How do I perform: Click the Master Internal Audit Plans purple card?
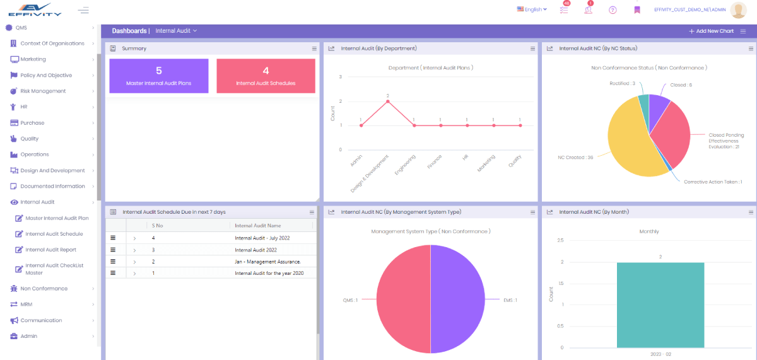(x=158, y=76)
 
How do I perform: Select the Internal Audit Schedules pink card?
(x=266, y=76)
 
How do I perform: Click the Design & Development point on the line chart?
(x=388, y=101)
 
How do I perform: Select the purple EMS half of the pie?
(x=457, y=299)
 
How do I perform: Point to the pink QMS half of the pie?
(x=404, y=299)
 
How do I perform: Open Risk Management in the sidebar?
(x=43, y=91)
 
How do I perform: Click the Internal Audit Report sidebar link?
(x=50, y=250)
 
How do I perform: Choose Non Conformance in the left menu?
(x=44, y=289)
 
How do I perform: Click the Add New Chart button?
(x=711, y=31)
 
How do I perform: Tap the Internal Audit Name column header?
(x=258, y=226)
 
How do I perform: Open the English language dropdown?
(x=532, y=9)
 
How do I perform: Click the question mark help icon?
(x=613, y=10)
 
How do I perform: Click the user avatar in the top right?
(x=738, y=10)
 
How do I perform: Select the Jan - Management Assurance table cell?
(x=267, y=261)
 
